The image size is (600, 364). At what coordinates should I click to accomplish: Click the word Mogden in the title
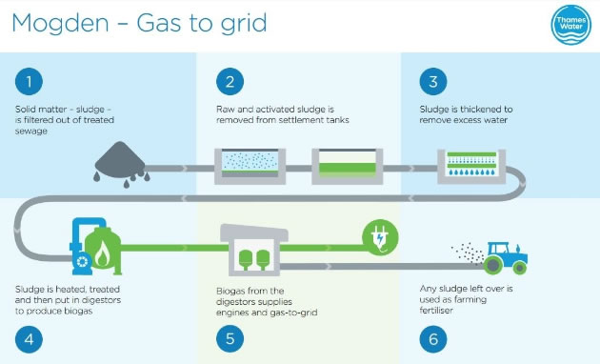[55, 23]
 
